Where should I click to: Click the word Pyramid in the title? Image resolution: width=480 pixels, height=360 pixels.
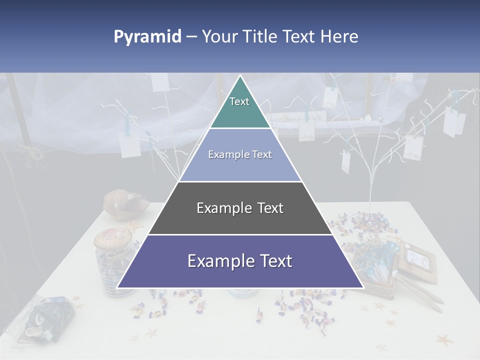coord(147,37)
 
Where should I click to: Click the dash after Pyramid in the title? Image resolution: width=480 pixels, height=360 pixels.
coord(191,37)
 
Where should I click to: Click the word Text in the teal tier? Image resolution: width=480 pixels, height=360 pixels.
coord(239,101)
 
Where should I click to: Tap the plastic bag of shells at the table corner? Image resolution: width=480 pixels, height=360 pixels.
coord(47,317)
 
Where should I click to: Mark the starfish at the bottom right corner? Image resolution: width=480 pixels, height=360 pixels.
coord(443,340)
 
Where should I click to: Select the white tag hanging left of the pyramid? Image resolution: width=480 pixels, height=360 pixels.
coord(130,143)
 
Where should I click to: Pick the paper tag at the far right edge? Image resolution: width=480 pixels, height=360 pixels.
coord(453,122)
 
